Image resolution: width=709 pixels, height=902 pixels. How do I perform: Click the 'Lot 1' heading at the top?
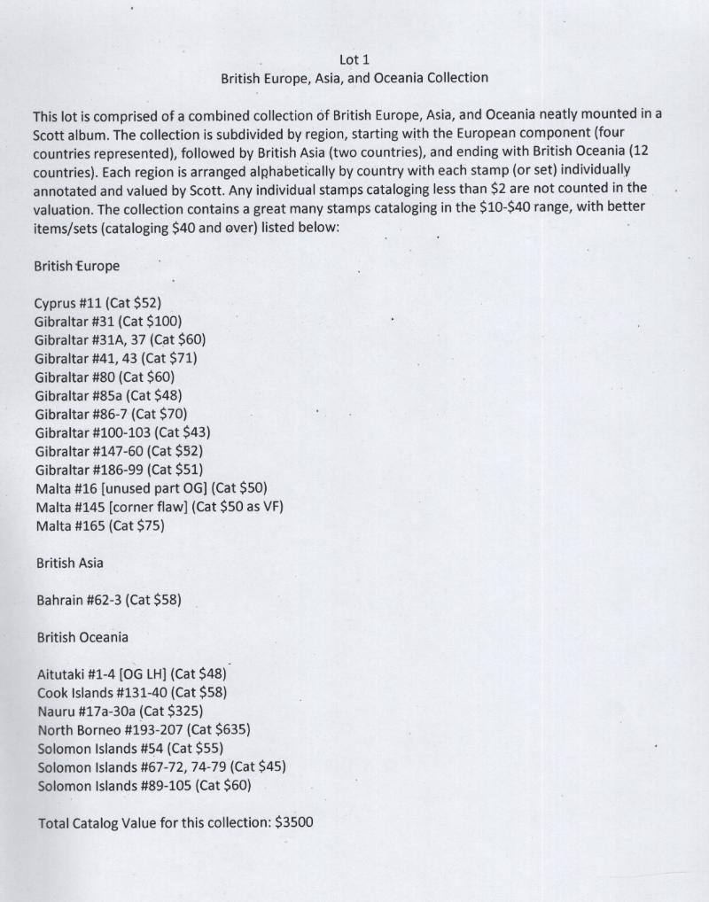point(354,59)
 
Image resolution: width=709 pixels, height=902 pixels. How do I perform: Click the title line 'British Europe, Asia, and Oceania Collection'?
point(354,78)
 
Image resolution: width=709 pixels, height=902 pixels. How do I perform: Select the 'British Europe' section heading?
point(76,266)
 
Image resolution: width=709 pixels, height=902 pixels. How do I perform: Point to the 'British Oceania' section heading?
point(82,637)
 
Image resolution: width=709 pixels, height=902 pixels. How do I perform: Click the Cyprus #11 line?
point(97,303)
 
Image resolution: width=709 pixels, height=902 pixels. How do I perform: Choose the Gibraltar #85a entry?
point(108,395)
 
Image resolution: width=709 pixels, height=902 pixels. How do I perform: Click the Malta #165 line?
point(100,525)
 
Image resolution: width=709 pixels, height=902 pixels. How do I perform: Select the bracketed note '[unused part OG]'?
point(156,488)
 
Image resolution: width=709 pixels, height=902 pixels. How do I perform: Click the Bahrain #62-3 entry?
point(109,600)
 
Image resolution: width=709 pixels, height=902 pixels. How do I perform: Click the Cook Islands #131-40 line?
point(126,692)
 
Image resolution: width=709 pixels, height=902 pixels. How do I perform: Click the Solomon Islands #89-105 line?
point(144,785)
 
